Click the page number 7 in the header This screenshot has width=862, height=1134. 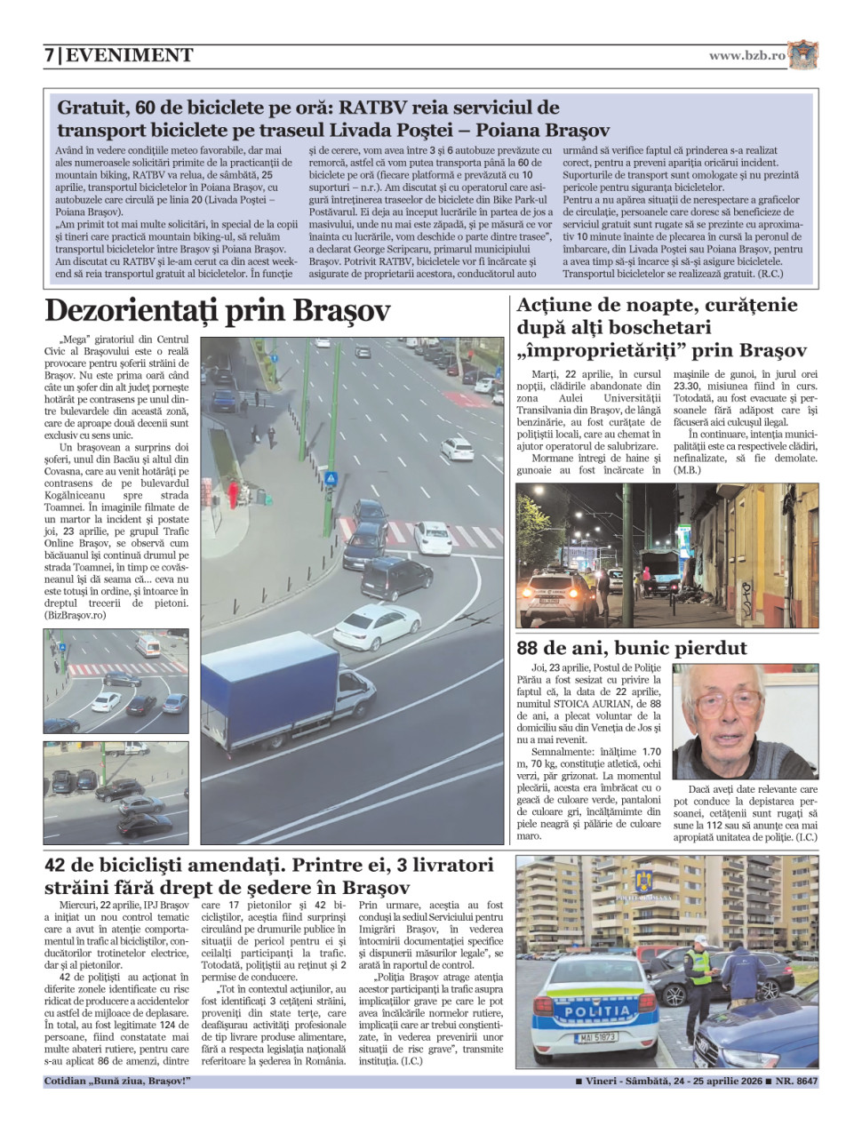(x=50, y=55)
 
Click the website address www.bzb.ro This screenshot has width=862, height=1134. (x=747, y=55)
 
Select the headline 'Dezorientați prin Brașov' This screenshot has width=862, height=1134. (x=218, y=311)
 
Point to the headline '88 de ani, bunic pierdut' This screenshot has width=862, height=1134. (x=632, y=648)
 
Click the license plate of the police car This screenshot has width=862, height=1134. (x=596, y=1037)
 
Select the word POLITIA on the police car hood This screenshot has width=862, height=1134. (x=597, y=1010)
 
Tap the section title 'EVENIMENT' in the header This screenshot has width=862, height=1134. (x=130, y=55)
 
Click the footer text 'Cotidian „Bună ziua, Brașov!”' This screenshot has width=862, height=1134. (x=117, y=1082)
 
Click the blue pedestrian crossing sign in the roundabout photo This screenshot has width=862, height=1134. (x=331, y=478)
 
